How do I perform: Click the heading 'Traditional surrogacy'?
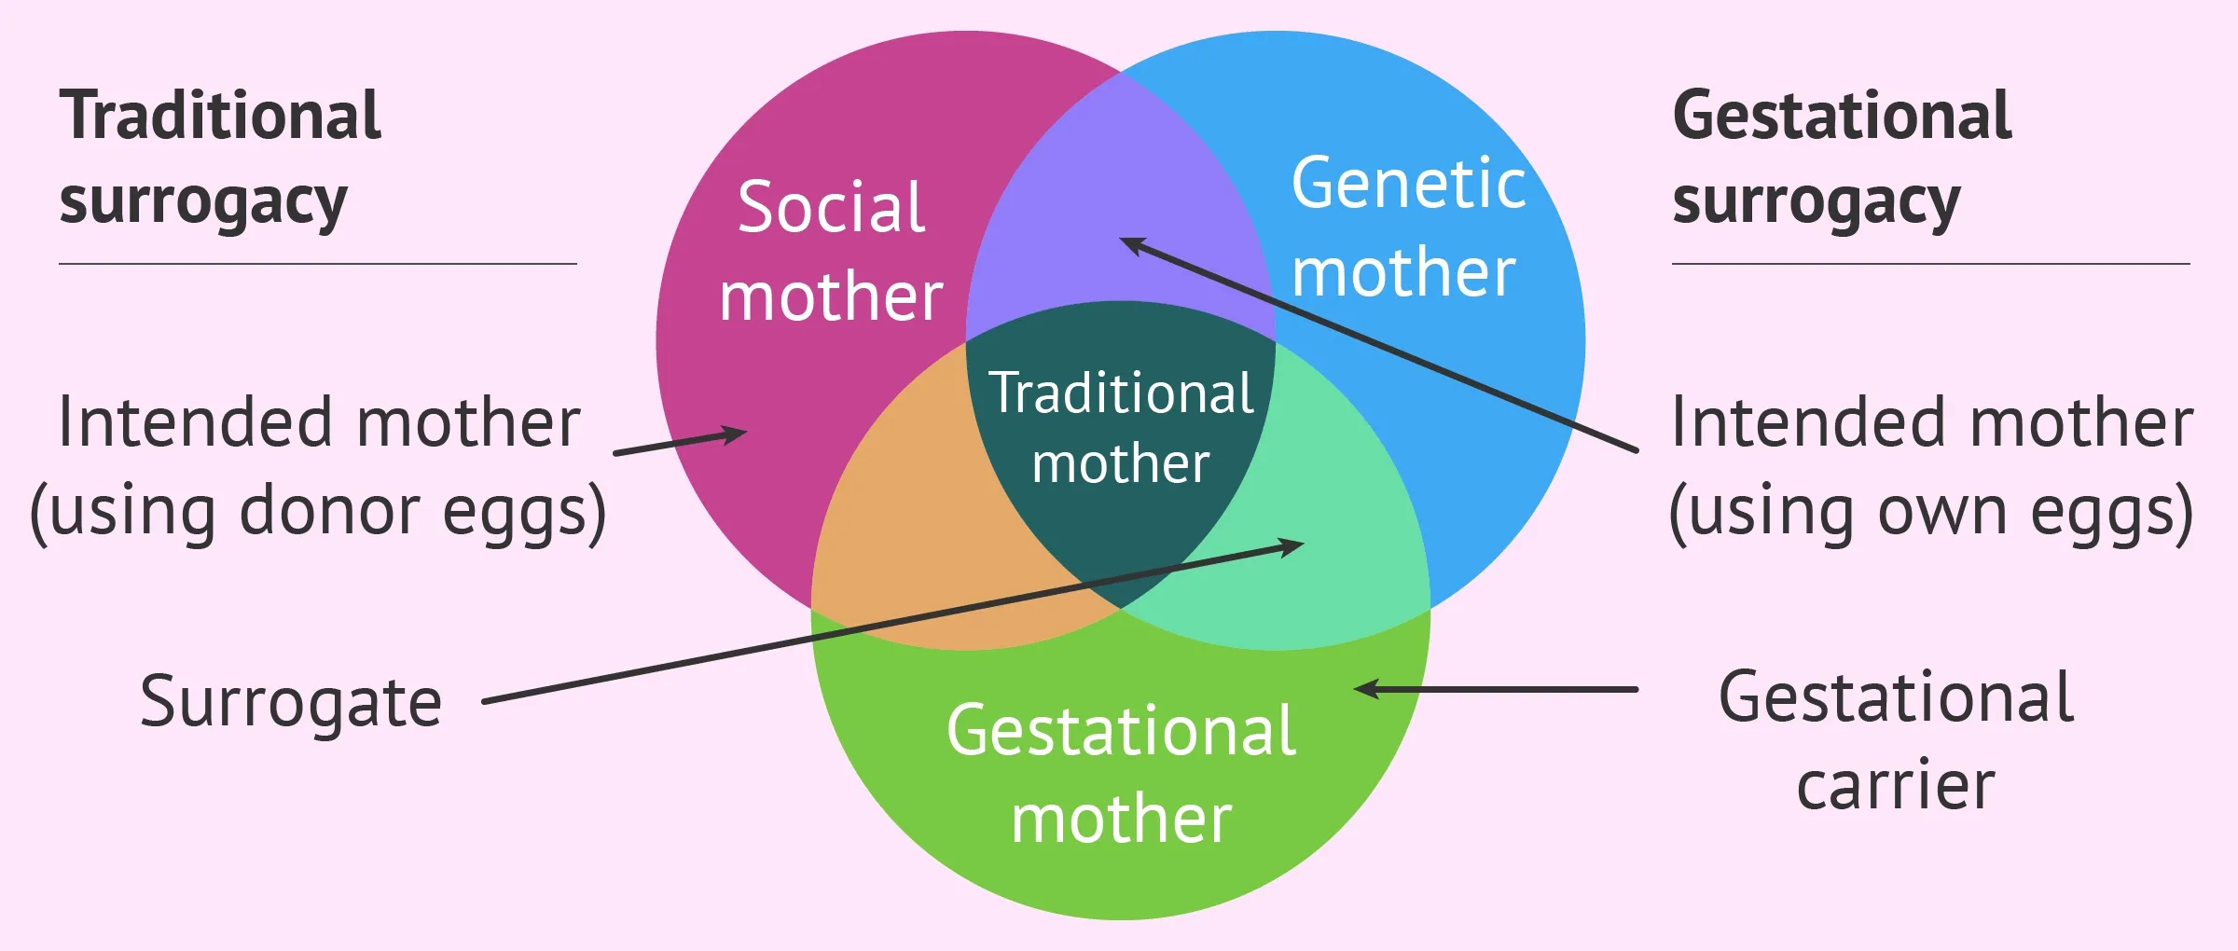pyautogui.click(x=221, y=158)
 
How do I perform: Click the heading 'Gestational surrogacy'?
pyautogui.click(x=1843, y=158)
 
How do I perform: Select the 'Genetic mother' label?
pyautogui.click(x=1408, y=227)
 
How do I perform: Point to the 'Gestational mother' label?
pyautogui.click(x=1122, y=774)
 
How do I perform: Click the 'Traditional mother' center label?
pyautogui.click(x=1122, y=427)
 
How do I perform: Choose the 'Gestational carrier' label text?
pyautogui.click(x=1896, y=741)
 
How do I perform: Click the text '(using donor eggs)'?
pyautogui.click(x=318, y=512)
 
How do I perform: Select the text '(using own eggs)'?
pyautogui.click(x=1931, y=512)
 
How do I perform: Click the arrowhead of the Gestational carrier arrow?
pyautogui.click(x=1365, y=690)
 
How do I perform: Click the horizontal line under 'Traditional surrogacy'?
pyautogui.click(x=318, y=264)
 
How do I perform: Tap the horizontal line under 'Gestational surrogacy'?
pyautogui.click(x=1931, y=264)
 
